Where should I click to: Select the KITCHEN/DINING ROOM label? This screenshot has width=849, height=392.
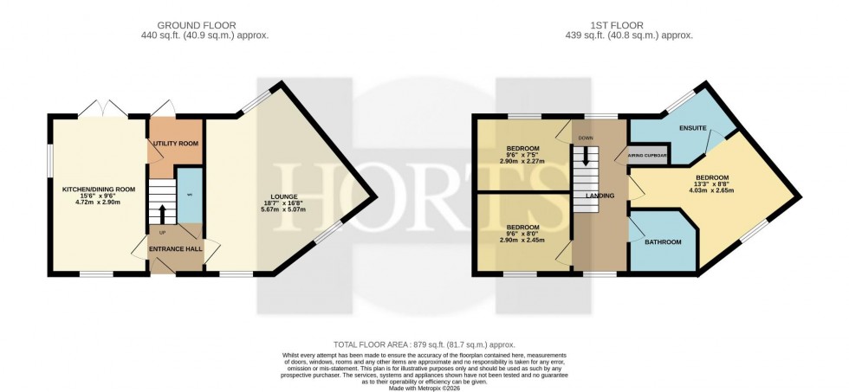tap(99, 189)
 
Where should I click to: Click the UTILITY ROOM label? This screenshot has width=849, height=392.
tap(177, 143)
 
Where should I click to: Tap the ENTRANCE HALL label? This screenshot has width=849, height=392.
tap(176, 249)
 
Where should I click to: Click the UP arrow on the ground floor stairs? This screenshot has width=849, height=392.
tap(162, 213)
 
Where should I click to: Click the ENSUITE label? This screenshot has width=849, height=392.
tap(692, 129)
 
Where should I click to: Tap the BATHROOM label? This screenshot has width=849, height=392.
tap(662, 241)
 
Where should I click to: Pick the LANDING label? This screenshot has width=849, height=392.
tap(599, 196)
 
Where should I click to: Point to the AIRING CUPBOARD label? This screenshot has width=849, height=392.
tap(648, 156)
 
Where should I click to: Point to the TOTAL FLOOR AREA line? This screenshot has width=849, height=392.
tap(424, 344)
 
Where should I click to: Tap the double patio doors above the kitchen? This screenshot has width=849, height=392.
tap(103, 111)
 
